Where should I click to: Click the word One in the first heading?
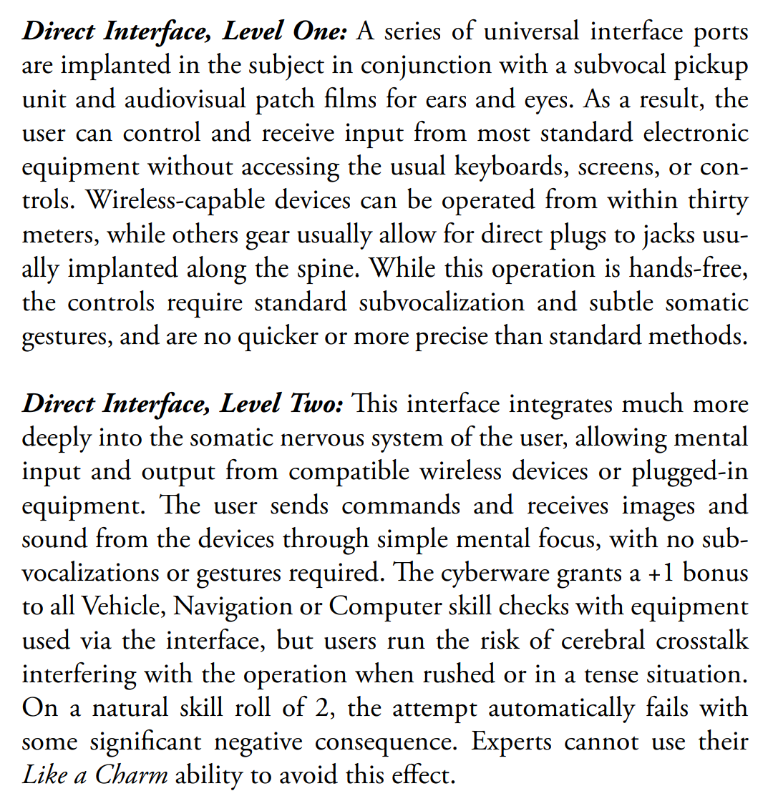pos(320,31)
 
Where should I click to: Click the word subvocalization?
pos(442,303)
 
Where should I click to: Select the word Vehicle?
pos(123,607)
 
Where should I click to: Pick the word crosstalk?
pos(702,641)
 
